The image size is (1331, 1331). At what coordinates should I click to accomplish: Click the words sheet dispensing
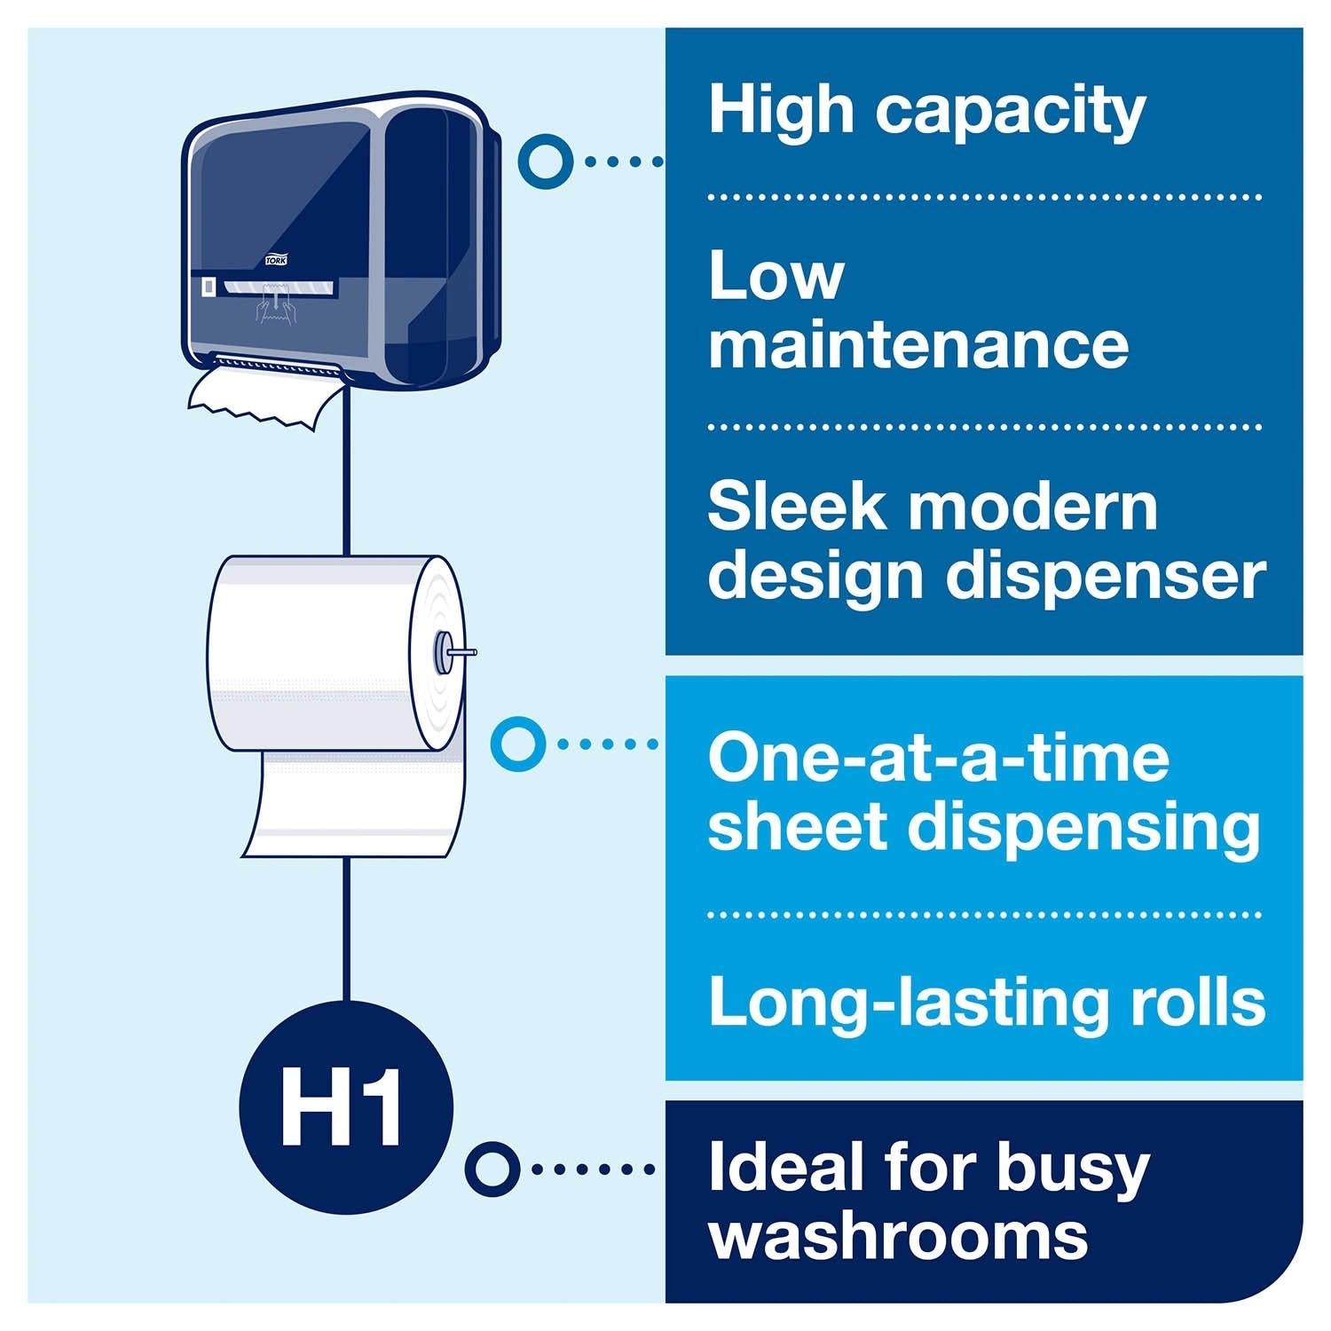tap(983, 826)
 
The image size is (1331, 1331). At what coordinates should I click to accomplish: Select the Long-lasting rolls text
tap(986, 1002)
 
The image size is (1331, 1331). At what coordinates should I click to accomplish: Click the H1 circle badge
tap(345, 1107)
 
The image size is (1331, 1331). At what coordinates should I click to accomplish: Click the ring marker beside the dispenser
tap(543, 161)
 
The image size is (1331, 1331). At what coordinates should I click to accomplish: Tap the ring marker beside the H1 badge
tap(492, 1169)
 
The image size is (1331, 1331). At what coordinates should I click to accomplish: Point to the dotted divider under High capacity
tap(983, 198)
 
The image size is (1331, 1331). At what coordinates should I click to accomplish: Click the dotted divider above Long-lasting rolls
tap(983, 914)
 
